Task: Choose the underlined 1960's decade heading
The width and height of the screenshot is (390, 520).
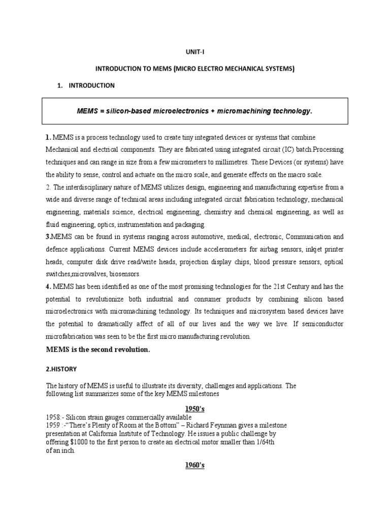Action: (x=194, y=465)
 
